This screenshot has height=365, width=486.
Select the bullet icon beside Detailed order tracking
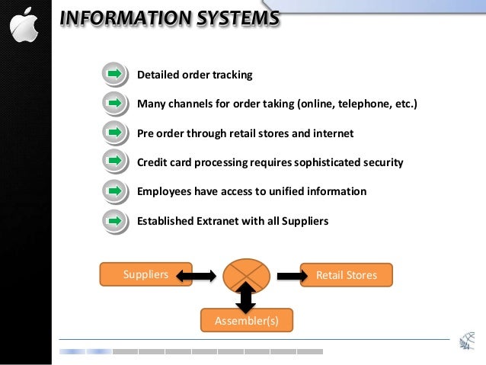(x=114, y=74)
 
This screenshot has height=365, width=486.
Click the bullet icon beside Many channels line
(x=114, y=103)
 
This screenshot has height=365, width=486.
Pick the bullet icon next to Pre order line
(x=114, y=133)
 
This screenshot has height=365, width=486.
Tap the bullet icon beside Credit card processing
(x=114, y=162)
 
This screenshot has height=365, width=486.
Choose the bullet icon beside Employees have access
(x=114, y=191)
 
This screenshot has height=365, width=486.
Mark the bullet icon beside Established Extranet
(x=114, y=220)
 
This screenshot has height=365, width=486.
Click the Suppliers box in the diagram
(x=145, y=274)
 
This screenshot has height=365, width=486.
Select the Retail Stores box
(x=347, y=274)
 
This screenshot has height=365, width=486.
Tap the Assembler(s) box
(x=247, y=321)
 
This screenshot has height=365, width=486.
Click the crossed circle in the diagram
(x=245, y=274)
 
